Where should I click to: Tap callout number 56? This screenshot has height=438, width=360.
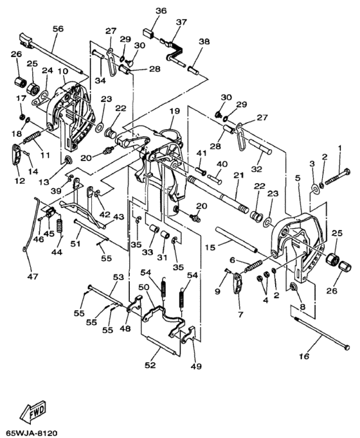(x=58, y=29)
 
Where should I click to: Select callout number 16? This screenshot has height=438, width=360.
(x=304, y=356)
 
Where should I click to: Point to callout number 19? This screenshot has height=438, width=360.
(x=174, y=111)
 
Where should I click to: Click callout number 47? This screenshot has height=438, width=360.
(x=33, y=277)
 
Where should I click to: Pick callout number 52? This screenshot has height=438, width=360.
(x=150, y=365)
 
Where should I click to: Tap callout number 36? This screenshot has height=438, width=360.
(x=161, y=11)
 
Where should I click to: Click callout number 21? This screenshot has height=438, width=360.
(x=239, y=175)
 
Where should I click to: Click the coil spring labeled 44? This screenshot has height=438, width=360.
(x=59, y=225)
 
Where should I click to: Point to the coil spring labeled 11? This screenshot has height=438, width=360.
(x=32, y=137)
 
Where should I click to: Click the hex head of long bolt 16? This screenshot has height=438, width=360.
(x=347, y=347)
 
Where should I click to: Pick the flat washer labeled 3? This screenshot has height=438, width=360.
(x=315, y=189)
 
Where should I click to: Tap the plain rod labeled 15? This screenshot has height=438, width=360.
(x=237, y=239)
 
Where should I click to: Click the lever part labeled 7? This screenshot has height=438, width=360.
(x=237, y=283)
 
